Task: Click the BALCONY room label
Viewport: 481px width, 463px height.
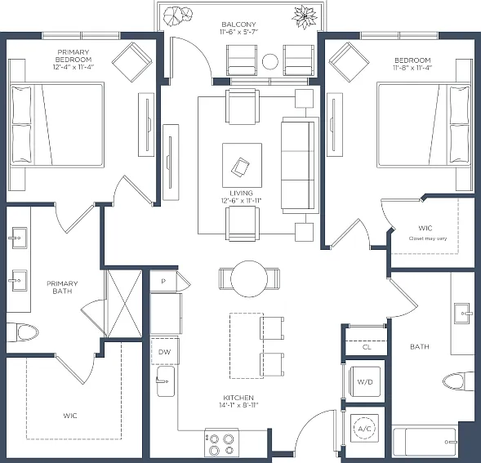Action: pos(238,24)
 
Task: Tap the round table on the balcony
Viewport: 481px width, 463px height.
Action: pos(270,61)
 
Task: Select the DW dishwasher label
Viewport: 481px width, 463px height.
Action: pos(164,352)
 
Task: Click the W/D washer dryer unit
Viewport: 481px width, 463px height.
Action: pos(365,381)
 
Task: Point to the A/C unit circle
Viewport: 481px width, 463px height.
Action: pos(364,429)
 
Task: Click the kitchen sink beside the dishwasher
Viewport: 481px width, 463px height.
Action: pos(166,381)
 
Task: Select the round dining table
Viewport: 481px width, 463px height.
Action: pos(249,279)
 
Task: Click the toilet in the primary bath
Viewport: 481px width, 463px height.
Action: pos(23,332)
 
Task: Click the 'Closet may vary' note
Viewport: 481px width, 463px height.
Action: pos(428,238)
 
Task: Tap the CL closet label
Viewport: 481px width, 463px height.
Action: pos(367,347)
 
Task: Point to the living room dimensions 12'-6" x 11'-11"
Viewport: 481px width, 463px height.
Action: pos(241,201)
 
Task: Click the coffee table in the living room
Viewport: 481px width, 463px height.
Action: pos(242,165)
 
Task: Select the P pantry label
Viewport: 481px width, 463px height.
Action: pos(163,281)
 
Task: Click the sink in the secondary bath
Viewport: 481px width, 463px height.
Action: pos(461,314)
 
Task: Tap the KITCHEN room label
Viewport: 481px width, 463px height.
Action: pos(238,398)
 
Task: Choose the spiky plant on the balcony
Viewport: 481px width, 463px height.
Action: pos(305,16)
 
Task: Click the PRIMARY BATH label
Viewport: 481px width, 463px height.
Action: pos(62,287)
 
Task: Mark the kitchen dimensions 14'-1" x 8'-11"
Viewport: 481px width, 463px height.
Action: pos(238,405)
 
